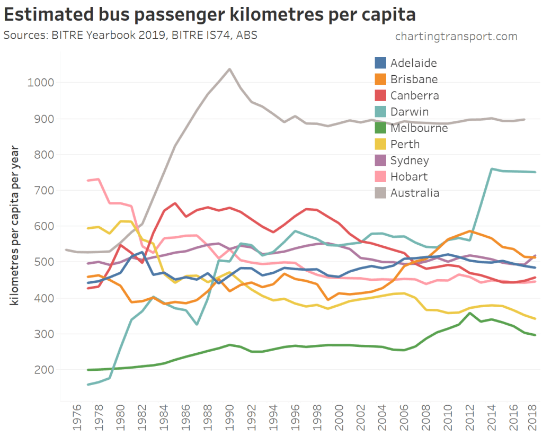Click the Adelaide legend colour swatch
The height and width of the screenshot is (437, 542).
tap(380, 63)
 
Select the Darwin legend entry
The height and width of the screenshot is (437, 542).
tap(410, 112)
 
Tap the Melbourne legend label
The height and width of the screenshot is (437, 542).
tap(419, 128)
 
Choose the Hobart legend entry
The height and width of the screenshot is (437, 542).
tap(408, 176)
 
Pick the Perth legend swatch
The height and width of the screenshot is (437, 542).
tap(380, 144)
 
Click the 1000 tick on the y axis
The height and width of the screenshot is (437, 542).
tap(39, 83)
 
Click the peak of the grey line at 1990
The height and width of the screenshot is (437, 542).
tap(229, 69)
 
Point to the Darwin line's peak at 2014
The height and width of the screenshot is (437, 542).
tap(492, 169)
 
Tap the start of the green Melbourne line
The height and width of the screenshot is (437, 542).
tap(87, 370)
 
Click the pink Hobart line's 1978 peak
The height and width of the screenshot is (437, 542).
tap(99, 179)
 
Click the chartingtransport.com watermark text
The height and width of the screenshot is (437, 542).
tap(456, 37)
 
